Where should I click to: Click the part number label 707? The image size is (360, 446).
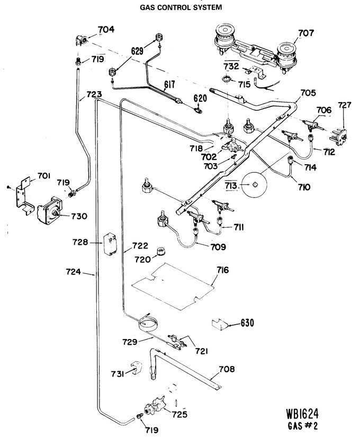click(x=306, y=33)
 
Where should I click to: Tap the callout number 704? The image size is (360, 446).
click(x=106, y=29)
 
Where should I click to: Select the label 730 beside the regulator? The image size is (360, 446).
click(x=79, y=216)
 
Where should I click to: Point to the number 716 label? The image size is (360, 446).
click(x=223, y=270)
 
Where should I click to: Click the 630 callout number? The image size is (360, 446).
click(x=247, y=323)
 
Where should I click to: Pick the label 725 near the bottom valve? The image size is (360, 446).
click(x=179, y=414)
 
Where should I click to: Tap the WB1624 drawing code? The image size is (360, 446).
click(x=302, y=414)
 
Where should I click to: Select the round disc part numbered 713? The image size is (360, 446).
click(x=254, y=184)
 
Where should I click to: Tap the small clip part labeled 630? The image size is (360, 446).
click(x=220, y=324)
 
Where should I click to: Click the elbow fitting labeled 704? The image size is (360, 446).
click(x=81, y=40)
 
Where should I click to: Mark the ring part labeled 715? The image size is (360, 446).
click(x=226, y=78)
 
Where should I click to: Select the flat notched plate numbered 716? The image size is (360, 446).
click(x=174, y=287)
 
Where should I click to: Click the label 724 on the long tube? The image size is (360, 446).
click(x=74, y=272)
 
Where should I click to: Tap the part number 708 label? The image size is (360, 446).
click(x=227, y=369)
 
